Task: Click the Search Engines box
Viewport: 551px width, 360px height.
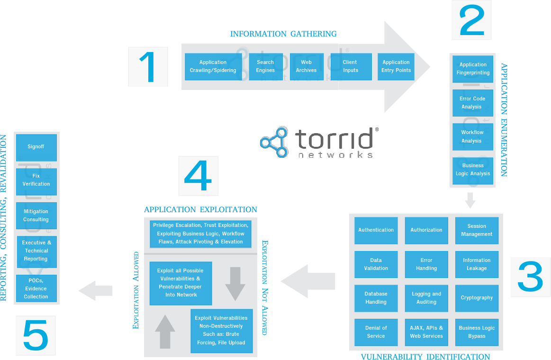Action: (x=265, y=66)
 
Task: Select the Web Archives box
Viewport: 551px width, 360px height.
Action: (x=306, y=66)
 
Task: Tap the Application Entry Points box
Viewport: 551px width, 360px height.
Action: (x=396, y=66)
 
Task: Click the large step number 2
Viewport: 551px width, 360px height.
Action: (x=471, y=20)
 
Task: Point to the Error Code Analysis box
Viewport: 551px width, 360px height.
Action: (x=472, y=103)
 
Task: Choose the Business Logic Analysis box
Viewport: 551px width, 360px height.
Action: (x=472, y=170)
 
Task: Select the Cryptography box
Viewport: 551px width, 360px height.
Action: (x=477, y=298)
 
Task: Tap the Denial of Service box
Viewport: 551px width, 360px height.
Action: (x=376, y=332)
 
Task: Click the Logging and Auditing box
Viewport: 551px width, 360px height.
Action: (x=426, y=298)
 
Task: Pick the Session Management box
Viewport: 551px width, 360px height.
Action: (x=477, y=230)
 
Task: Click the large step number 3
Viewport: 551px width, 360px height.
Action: (x=530, y=277)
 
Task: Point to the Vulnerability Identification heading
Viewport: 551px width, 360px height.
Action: (x=425, y=357)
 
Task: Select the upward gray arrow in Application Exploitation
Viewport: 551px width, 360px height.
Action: (x=165, y=332)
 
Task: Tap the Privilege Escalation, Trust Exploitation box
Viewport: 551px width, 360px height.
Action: (x=200, y=234)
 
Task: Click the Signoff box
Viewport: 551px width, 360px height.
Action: (x=36, y=147)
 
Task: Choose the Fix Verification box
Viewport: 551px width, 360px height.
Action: (x=36, y=180)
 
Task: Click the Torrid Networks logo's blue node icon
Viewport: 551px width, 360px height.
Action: (x=274, y=141)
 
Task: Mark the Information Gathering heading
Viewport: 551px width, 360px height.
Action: (x=283, y=34)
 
